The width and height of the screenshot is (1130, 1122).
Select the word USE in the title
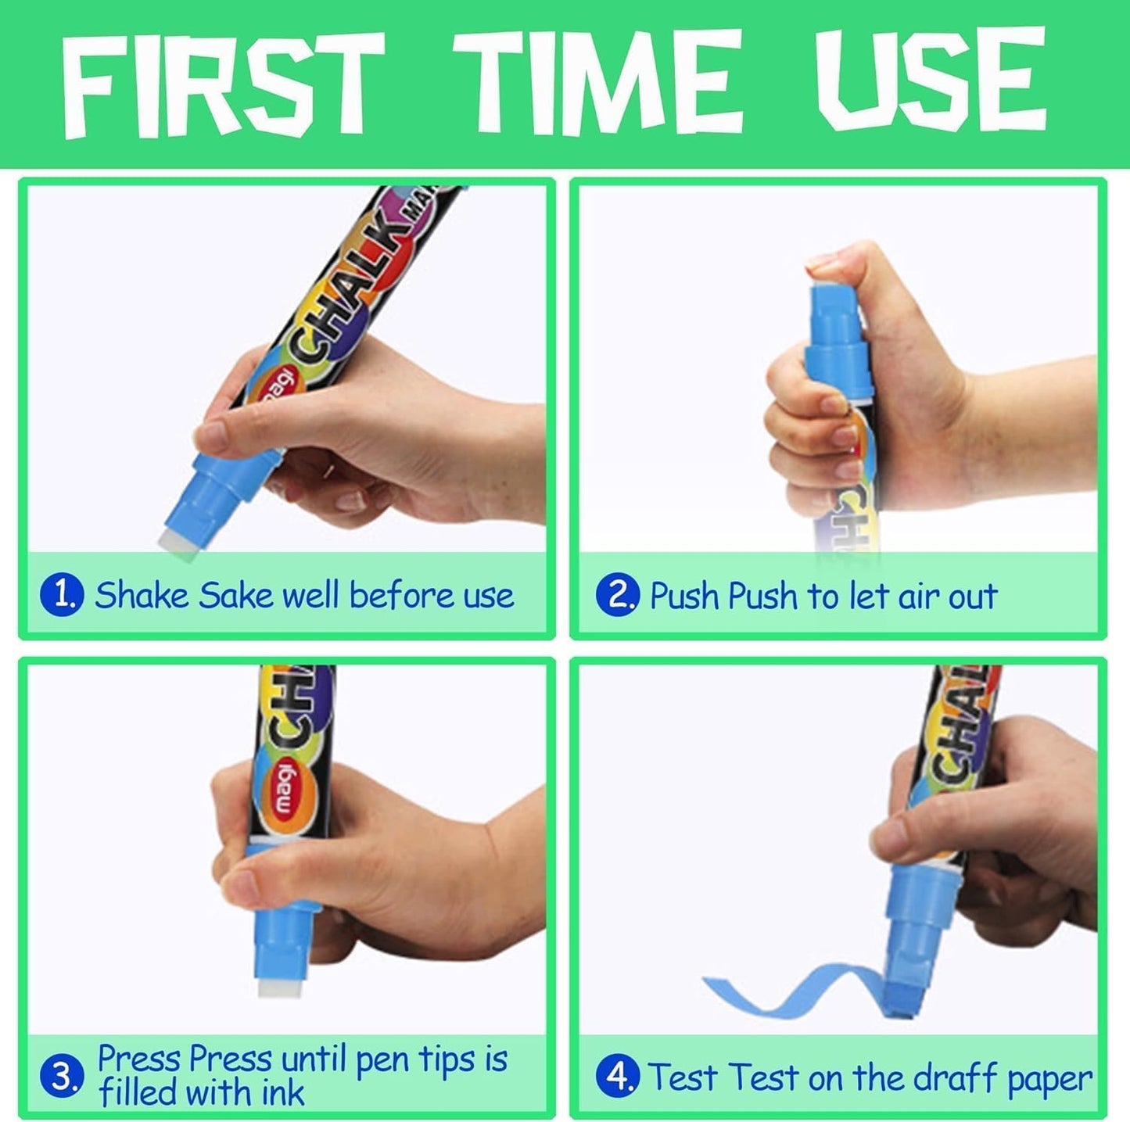(930, 81)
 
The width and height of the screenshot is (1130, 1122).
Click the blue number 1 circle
(61, 595)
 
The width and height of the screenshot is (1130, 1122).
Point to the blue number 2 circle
(618, 595)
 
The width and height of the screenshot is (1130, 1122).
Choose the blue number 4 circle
(618, 1077)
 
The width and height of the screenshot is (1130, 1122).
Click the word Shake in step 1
(142, 595)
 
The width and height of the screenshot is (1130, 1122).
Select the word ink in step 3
(282, 1093)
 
